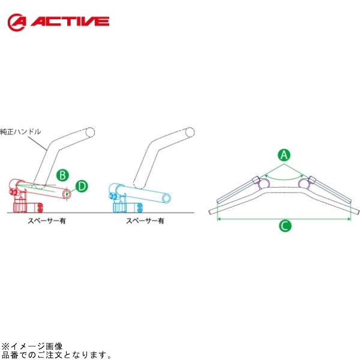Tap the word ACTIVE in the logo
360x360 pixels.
click(71, 22)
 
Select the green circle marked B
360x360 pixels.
click(61, 175)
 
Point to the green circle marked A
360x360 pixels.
click(285, 155)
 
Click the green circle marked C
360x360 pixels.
click(285, 226)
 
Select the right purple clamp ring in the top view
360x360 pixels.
click(311, 182)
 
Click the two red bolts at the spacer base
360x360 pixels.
click(40, 208)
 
